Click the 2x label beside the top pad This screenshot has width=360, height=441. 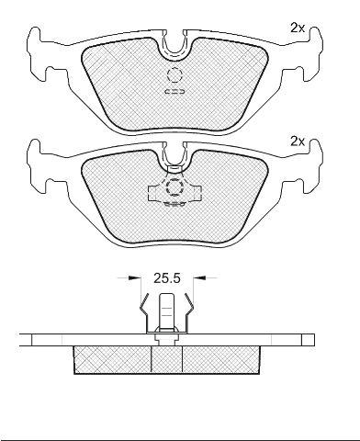(x=298, y=28)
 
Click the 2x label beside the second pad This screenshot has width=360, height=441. (x=298, y=141)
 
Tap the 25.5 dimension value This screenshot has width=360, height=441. (x=167, y=278)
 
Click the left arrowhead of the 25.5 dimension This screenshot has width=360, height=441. (x=132, y=277)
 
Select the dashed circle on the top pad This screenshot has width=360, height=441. (x=174, y=74)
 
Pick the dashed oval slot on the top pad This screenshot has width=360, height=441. (x=174, y=91)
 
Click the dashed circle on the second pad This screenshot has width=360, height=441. (x=174, y=187)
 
